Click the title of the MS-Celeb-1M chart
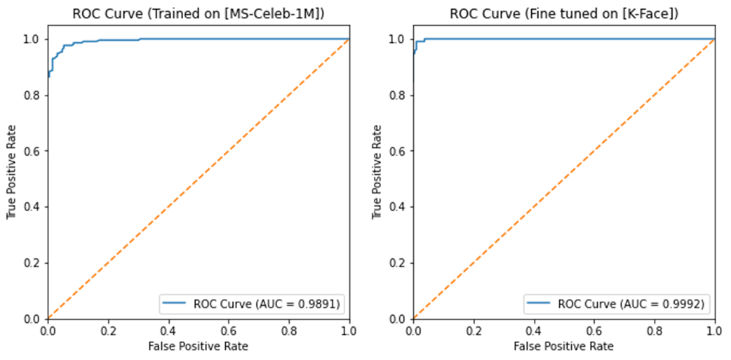point(198,13)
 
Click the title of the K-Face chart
point(563,13)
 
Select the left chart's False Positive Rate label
point(198,346)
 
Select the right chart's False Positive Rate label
point(563,346)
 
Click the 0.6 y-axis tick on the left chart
point(34,151)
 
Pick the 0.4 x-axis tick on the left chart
point(168,330)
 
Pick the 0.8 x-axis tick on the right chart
point(654,330)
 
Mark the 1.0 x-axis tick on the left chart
point(349,330)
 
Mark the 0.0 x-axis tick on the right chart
point(413,330)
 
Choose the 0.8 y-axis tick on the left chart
point(34,95)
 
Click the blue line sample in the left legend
point(172,304)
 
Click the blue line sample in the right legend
point(537,304)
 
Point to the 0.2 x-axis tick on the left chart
point(107,330)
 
